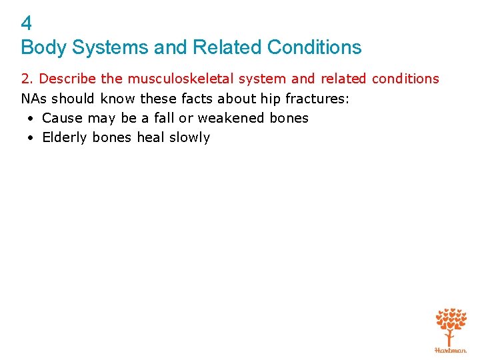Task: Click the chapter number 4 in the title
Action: pos(26,24)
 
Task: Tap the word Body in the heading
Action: pos(41,47)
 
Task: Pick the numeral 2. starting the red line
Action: pos(27,79)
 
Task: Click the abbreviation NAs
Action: pos(34,99)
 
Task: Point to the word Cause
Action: pos(61,118)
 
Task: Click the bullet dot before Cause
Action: pos(31,119)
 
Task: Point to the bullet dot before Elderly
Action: pos(31,139)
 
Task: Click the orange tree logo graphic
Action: pos(451,325)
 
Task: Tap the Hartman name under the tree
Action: pos(451,349)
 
